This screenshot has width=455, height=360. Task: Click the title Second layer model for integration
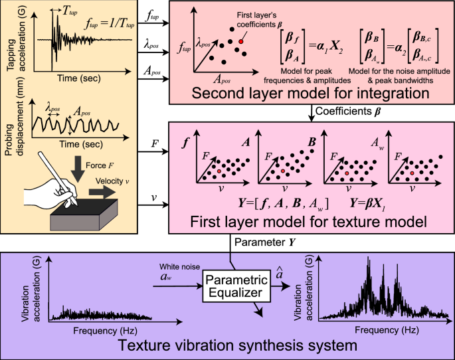308,93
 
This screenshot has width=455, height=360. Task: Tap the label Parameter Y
261,242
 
